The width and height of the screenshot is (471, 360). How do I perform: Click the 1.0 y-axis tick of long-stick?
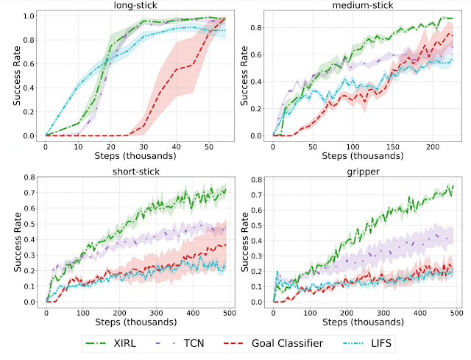point(32,15)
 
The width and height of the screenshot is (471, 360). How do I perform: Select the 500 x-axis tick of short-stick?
point(230,310)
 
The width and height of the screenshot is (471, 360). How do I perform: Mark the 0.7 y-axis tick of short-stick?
point(32,193)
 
